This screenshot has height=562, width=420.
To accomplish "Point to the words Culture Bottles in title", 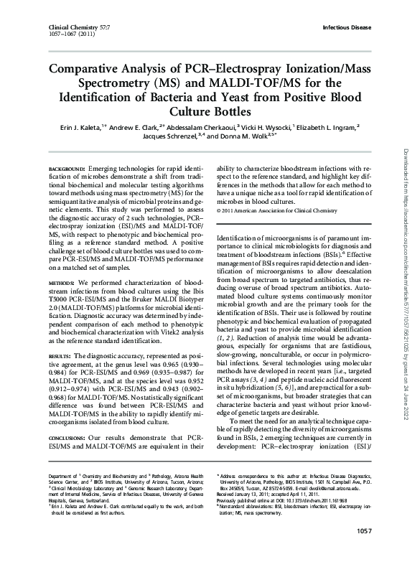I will [x=210, y=112].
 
